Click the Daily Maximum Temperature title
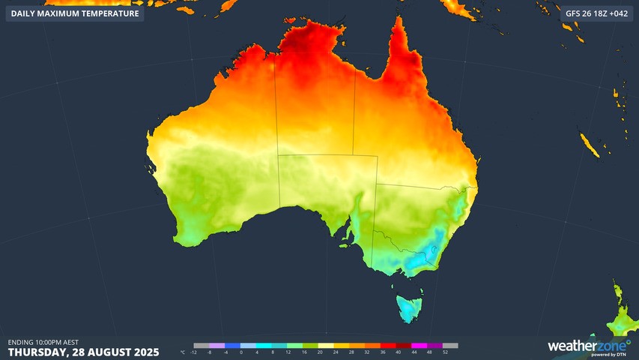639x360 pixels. (74, 13)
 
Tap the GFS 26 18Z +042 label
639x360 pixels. (597, 13)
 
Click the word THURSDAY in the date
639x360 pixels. (37, 352)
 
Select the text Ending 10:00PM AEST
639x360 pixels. (43, 342)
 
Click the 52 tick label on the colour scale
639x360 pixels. (445, 352)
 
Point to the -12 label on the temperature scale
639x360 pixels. (194, 352)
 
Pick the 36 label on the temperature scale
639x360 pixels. (384, 352)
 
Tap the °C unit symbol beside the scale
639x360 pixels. (184, 352)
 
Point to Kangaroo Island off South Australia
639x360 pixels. (345, 243)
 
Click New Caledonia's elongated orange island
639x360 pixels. (590, 145)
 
